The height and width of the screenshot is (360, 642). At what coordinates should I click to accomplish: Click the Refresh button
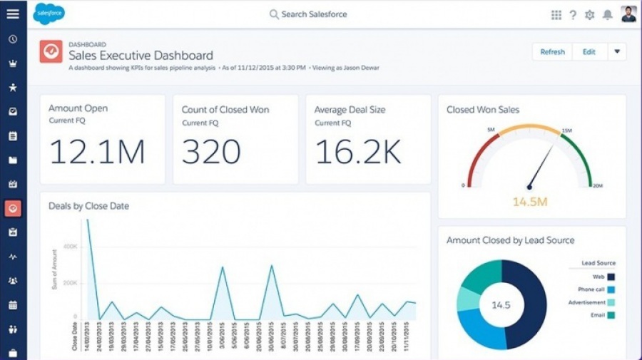coord(552,52)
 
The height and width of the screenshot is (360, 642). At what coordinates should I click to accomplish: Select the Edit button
coord(588,52)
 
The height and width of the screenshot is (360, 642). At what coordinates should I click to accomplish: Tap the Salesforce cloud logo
coord(49,14)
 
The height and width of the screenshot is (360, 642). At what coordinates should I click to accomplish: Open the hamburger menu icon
coord(13,14)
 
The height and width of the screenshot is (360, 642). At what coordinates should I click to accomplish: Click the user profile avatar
coord(628,14)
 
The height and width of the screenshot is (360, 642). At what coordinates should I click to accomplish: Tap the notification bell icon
coord(608,14)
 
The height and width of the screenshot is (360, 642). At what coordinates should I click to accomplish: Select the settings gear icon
coord(590,14)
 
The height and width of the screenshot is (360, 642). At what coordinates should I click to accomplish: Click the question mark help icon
coord(573,14)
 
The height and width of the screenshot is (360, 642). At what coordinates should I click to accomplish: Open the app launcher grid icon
coord(556,14)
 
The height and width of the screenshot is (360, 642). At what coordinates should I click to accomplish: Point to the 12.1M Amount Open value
coord(97,152)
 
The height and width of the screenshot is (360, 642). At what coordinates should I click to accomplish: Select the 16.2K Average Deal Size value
coord(358,152)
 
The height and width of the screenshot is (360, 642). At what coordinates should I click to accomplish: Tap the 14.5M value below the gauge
coord(530,202)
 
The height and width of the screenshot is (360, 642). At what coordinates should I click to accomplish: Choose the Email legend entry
coord(603,315)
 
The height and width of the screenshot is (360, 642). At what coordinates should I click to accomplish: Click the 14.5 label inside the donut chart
coord(501,305)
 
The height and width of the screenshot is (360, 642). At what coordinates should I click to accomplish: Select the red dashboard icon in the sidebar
coord(13,208)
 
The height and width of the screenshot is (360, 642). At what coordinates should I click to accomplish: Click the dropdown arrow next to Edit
coord(617,52)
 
